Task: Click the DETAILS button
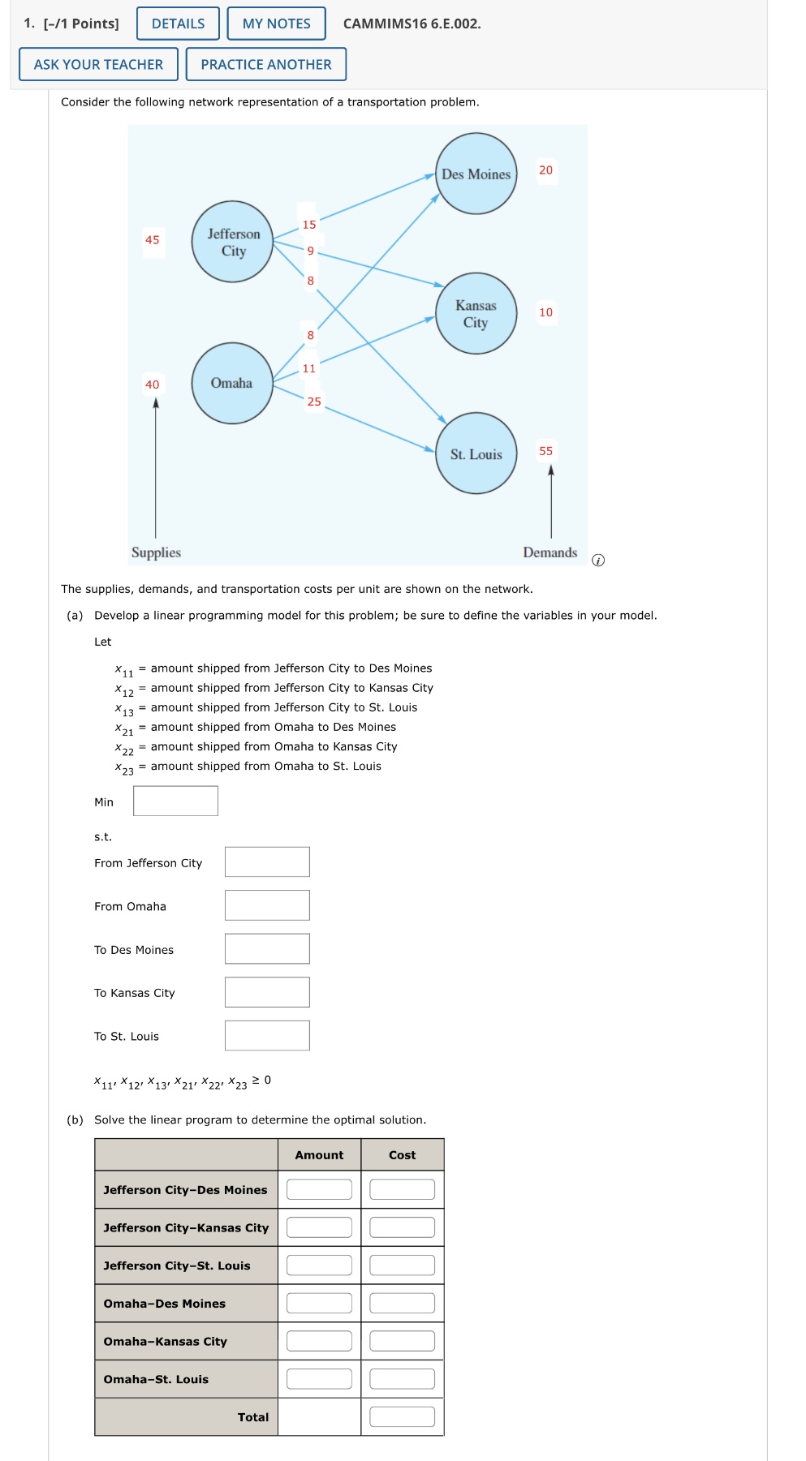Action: (178, 24)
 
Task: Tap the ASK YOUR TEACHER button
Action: (98, 64)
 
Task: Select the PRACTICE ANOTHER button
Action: (265, 64)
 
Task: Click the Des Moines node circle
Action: (476, 174)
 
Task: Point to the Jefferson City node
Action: (233, 242)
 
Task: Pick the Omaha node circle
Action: (232, 383)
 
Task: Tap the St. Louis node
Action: (476, 453)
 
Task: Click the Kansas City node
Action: (476, 313)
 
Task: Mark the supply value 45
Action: (152, 239)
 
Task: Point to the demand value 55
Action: (545, 450)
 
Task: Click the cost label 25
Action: (314, 401)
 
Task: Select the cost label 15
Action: (309, 224)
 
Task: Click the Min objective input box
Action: (175, 801)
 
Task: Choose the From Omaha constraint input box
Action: (267, 905)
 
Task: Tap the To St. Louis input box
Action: (267, 1035)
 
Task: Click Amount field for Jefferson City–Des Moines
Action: (319, 1189)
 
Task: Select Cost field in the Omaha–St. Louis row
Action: (402, 1378)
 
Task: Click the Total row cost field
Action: (402, 1416)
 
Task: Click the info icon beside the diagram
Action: (598, 560)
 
